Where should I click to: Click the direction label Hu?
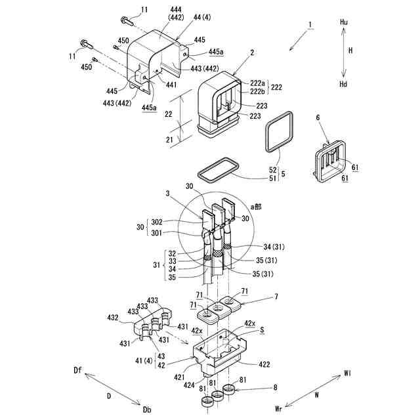click(343, 22)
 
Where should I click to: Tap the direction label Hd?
click(343, 85)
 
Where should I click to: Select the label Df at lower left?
click(77, 371)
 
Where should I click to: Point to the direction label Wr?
click(278, 408)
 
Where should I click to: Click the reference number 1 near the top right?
click(309, 25)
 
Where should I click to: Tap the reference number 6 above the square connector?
click(318, 117)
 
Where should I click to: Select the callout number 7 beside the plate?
click(276, 298)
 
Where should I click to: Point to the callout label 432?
click(112, 317)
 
